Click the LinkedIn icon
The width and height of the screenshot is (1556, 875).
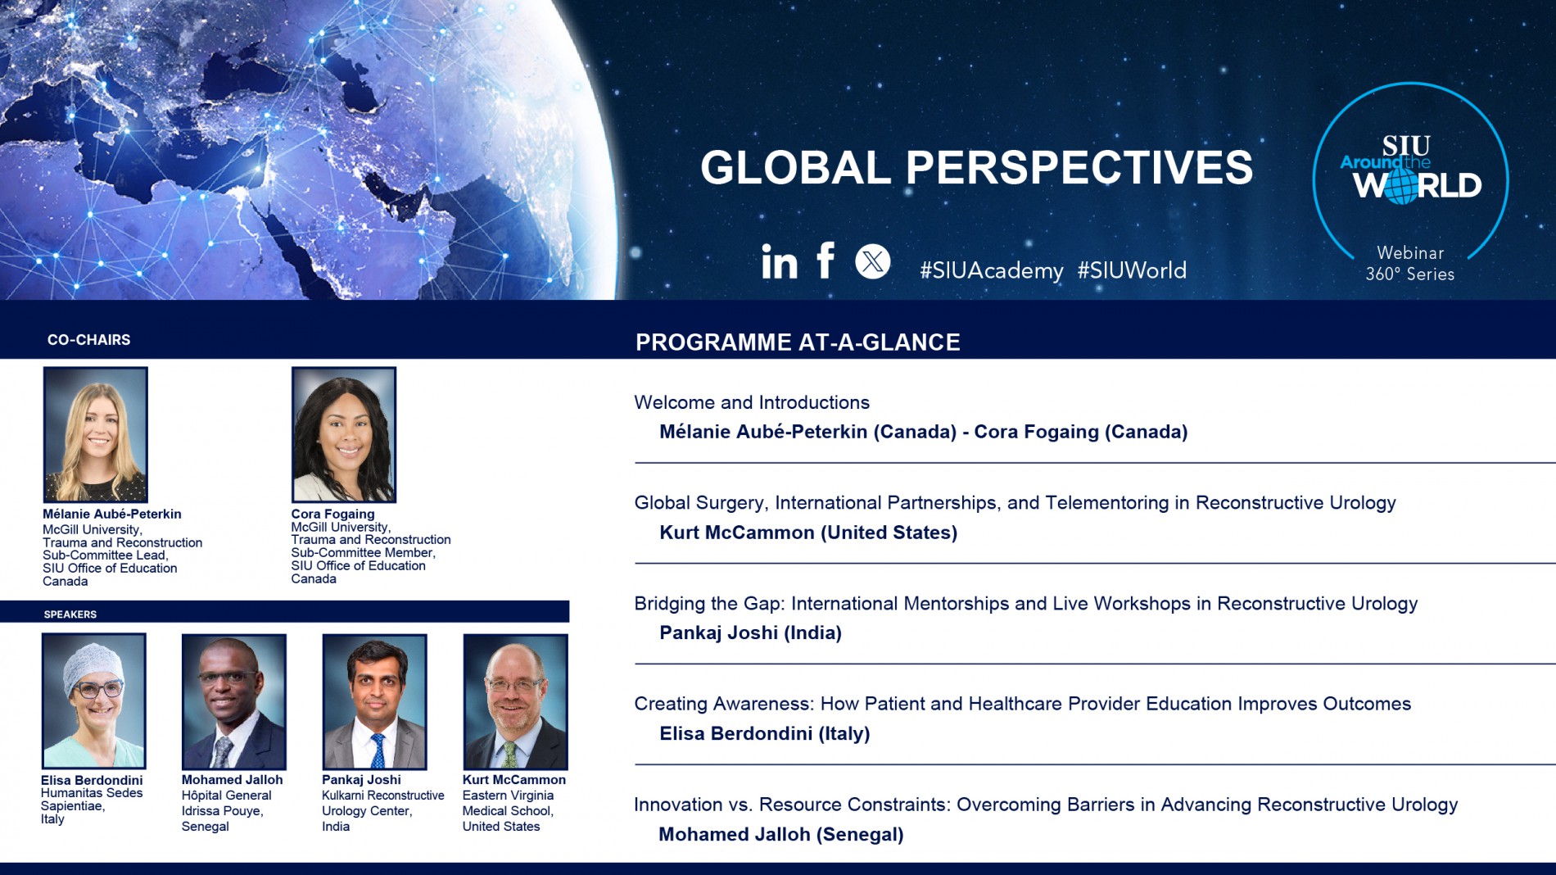tap(779, 262)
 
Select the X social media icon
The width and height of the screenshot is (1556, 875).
tap(873, 261)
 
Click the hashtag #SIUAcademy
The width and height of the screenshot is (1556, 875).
tap(992, 270)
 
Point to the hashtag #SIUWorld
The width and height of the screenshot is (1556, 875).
tap(1132, 270)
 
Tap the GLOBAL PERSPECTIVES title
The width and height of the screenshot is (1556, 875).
tap(976, 167)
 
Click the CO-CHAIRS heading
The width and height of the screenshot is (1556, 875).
tap(89, 340)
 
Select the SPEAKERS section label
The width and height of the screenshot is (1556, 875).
tap(70, 614)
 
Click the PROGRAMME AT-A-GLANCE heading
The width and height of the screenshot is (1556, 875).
tap(798, 342)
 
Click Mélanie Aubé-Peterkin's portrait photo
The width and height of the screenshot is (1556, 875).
tap(96, 434)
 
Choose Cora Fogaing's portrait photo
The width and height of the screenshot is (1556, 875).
tap(344, 434)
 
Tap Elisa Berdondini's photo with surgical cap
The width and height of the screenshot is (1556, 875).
tap(94, 701)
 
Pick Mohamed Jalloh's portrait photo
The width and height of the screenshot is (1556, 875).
tap(234, 701)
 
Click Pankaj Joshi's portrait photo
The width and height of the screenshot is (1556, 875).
tap(374, 701)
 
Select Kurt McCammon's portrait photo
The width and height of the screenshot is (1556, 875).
tap(515, 701)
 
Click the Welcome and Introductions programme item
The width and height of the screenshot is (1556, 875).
tap(752, 402)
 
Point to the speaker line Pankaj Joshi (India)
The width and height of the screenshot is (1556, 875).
tap(750, 632)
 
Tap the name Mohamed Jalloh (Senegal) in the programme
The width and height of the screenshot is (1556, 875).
tap(781, 834)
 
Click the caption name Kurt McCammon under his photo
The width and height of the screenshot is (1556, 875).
tap(514, 780)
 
